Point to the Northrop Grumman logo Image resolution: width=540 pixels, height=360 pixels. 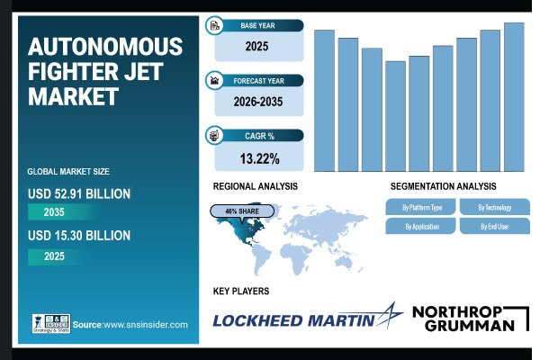[x=463, y=318]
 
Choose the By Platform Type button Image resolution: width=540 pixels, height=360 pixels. [x=419, y=207]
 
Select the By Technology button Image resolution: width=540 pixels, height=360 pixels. [x=492, y=207]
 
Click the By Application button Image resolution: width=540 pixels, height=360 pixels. [x=419, y=226]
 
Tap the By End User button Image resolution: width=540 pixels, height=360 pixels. [x=492, y=226]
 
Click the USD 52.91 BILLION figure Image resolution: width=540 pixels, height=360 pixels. [x=79, y=193]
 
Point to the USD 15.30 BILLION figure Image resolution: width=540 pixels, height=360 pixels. [x=79, y=236]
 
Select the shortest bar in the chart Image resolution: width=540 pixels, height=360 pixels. [x=395, y=116]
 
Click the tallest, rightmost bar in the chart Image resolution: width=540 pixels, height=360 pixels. [x=514, y=96]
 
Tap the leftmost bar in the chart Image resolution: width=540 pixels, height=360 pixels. [x=324, y=100]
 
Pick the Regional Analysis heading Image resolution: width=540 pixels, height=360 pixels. [x=255, y=185]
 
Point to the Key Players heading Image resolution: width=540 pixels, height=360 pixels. [x=241, y=292]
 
